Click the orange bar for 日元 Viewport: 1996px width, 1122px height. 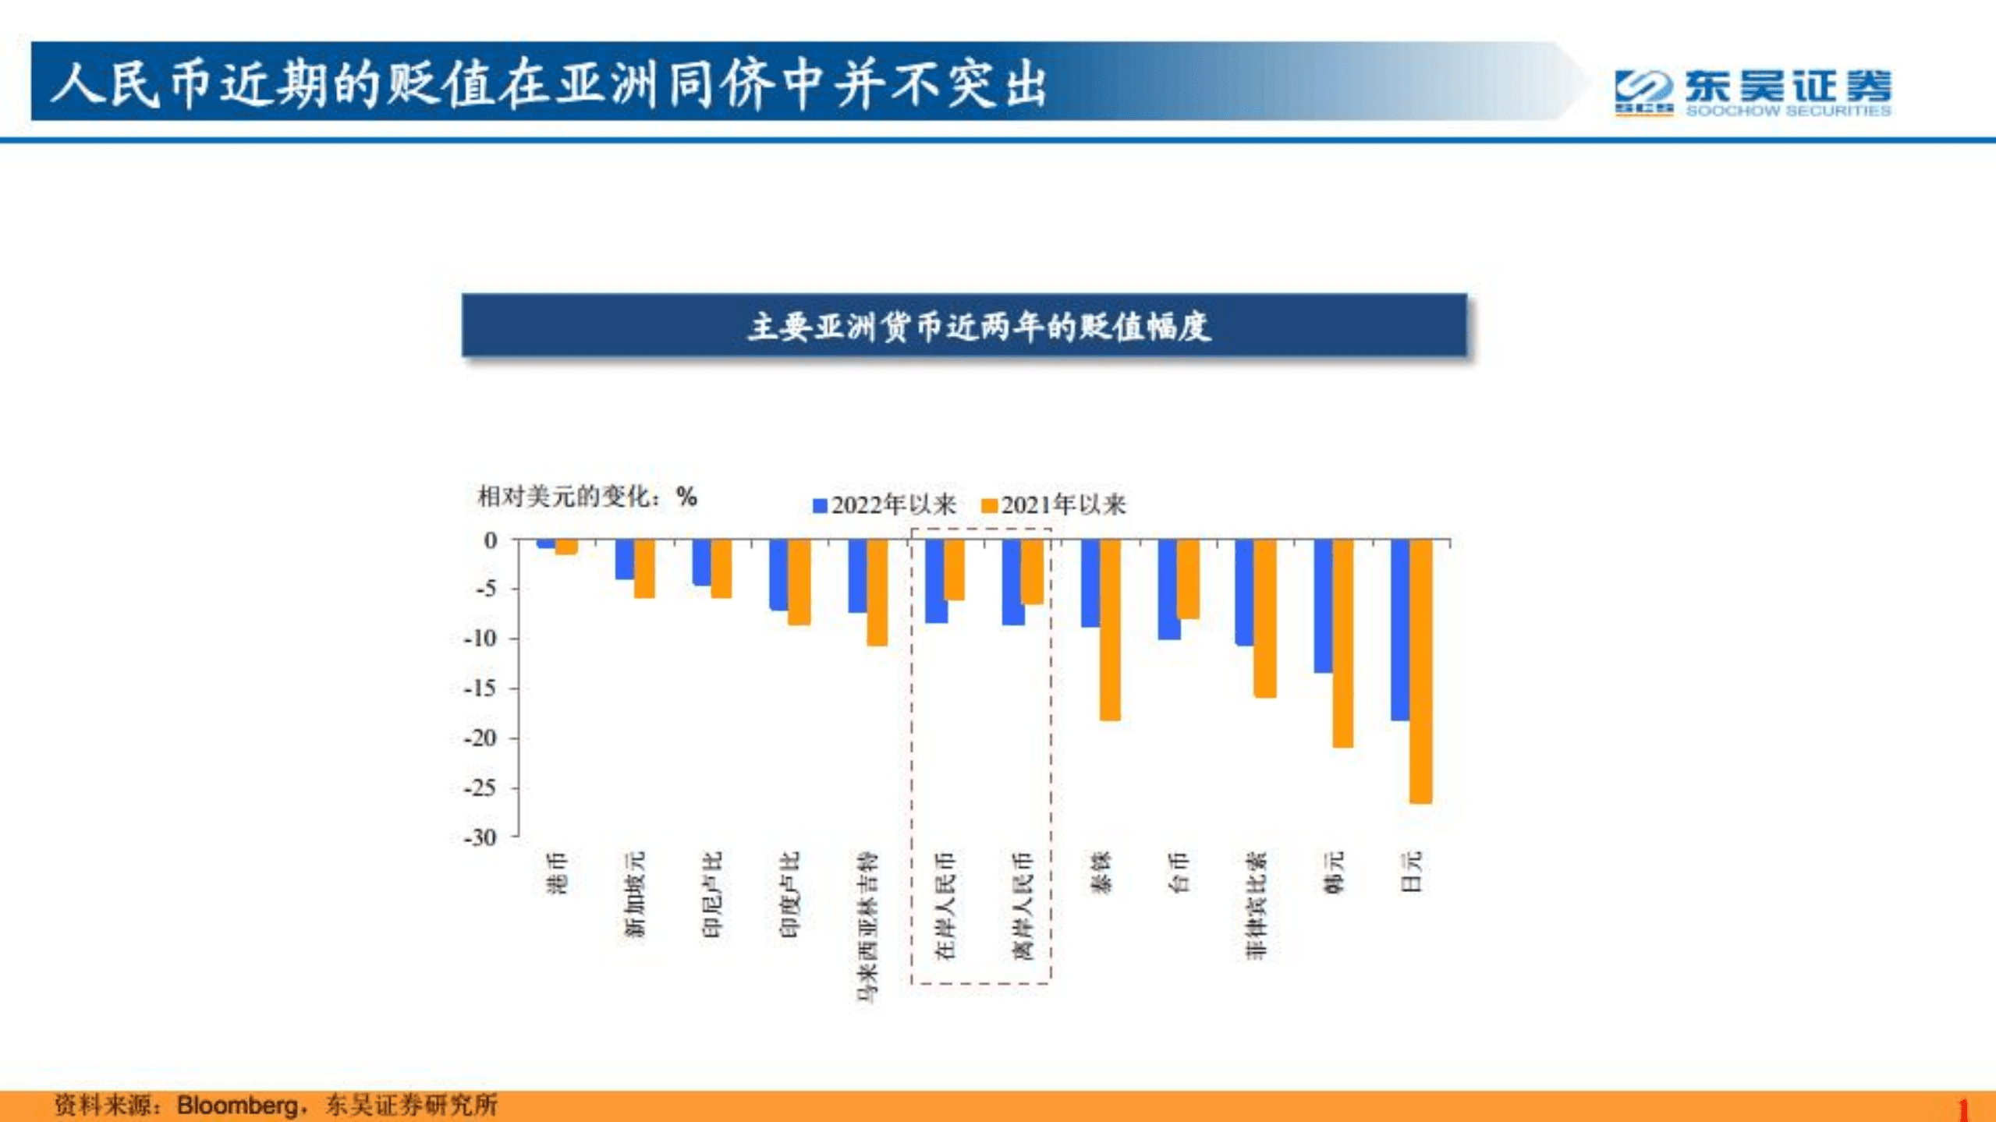click(1420, 671)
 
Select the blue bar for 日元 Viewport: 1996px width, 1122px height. click(1400, 629)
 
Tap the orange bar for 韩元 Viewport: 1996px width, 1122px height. click(1343, 643)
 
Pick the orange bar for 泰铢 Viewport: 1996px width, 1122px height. click(1110, 629)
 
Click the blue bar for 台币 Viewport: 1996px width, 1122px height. click(1168, 589)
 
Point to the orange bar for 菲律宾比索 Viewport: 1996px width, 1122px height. click(1265, 618)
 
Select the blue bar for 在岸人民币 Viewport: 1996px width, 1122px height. click(936, 581)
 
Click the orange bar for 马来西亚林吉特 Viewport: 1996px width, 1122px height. click(877, 593)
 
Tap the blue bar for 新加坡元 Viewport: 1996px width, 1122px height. click(624, 559)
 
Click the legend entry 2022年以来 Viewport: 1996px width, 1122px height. click(885, 505)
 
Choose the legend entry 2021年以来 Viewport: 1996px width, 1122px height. click(1055, 505)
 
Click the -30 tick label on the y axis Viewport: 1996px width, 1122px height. click(480, 837)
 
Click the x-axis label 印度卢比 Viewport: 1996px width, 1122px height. click(789, 894)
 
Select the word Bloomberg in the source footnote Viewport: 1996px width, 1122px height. click(237, 1105)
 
